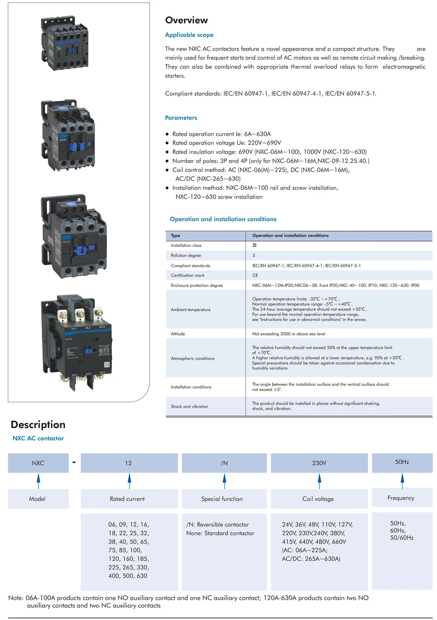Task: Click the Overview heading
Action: [x=186, y=20]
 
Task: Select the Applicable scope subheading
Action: [x=189, y=35]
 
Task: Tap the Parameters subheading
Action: [x=181, y=118]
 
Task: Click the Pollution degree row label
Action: [x=186, y=255]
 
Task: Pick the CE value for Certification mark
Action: [x=255, y=275]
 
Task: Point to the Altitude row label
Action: [x=178, y=334]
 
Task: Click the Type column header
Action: [x=175, y=235]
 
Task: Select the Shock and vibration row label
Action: [x=189, y=406]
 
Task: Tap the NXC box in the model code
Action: [x=38, y=463]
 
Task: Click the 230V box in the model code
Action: [x=319, y=463]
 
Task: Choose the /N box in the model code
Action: [x=224, y=463]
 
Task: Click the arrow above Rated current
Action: [x=129, y=481]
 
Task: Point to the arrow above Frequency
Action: [x=402, y=481]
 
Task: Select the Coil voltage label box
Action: [x=318, y=499]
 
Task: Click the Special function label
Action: [x=222, y=499]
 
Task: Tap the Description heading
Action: [x=38, y=424]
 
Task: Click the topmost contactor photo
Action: [x=65, y=43]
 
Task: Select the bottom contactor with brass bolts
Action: [x=76, y=342]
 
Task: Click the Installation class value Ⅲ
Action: [x=254, y=245]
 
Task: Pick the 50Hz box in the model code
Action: [x=402, y=462]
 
